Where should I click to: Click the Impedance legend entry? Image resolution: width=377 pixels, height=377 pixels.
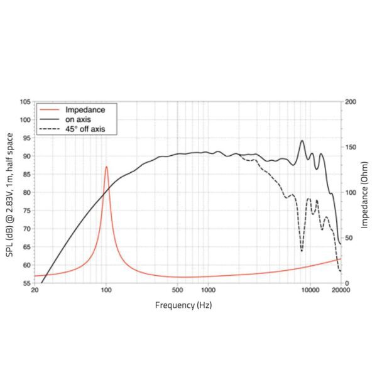pyautogui.click(x=80, y=109)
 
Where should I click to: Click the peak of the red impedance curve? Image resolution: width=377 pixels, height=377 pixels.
pyautogui.click(x=106, y=167)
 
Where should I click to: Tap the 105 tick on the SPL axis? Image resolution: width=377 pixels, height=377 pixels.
pyautogui.click(x=25, y=102)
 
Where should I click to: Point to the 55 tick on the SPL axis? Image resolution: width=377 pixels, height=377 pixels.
pyautogui.click(x=26, y=283)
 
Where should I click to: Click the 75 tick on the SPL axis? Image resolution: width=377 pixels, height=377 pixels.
pyautogui.click(x=26, y=210)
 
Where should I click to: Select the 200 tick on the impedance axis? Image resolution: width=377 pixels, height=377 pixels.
pyautogui.click(x=351, y=102)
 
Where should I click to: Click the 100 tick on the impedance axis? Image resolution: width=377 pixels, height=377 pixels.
pyautogui.click(x=351, y=192)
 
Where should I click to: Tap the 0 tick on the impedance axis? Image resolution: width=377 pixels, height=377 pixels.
pyautogui.click(x=347, y=283)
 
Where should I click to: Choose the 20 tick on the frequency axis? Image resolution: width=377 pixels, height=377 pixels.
pyautogui.click(x=34, y=291)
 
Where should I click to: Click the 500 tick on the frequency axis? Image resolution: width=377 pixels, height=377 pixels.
pyautogui.click(x=177, y=291)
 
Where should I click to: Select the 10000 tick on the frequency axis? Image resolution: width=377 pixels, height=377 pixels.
pyautogui.click(x=309, y=291)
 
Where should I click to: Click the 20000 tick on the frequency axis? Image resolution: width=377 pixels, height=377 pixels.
pyautogui.click(x=340, y=291)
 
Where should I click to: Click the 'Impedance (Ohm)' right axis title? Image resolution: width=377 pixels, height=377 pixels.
pyautogui.click(x=366, y=192)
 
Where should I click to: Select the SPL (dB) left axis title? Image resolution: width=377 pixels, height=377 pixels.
pyautogui.click(x=11, y=192)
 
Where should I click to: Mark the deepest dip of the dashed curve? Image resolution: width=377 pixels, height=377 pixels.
pyautogui.click(x=302, y=251)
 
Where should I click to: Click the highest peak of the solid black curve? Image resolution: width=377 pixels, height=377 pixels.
pyautogui.click(x=302, y=141)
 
